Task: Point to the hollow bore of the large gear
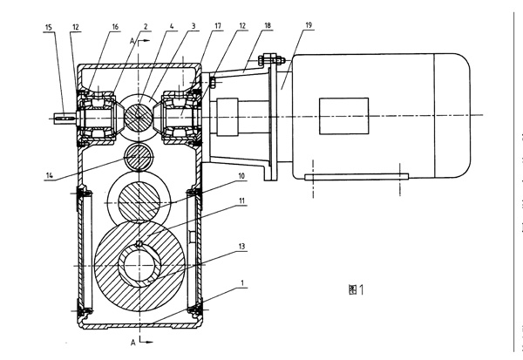[141, 264]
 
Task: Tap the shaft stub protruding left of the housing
[66, 114]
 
